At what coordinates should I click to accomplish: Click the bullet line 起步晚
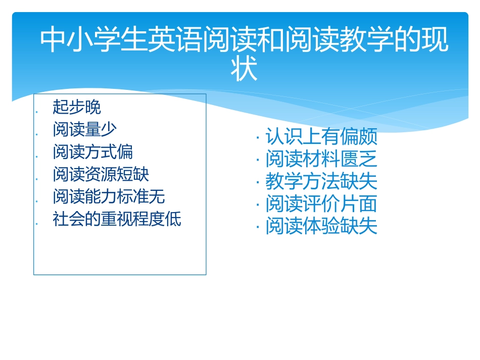pos(77,107)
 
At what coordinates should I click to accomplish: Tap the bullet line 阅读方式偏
pos(92,151)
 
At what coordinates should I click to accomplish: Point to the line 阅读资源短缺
pos(101,174)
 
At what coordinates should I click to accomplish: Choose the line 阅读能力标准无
pos(109,196)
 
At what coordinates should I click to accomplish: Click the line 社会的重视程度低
pos(117,219)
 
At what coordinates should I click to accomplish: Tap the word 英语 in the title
pos(175,40)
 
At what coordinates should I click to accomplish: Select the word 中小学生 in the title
pos(93,40)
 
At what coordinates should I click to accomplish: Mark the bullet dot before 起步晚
pos(37,112)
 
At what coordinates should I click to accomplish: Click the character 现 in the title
pos(435,40)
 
